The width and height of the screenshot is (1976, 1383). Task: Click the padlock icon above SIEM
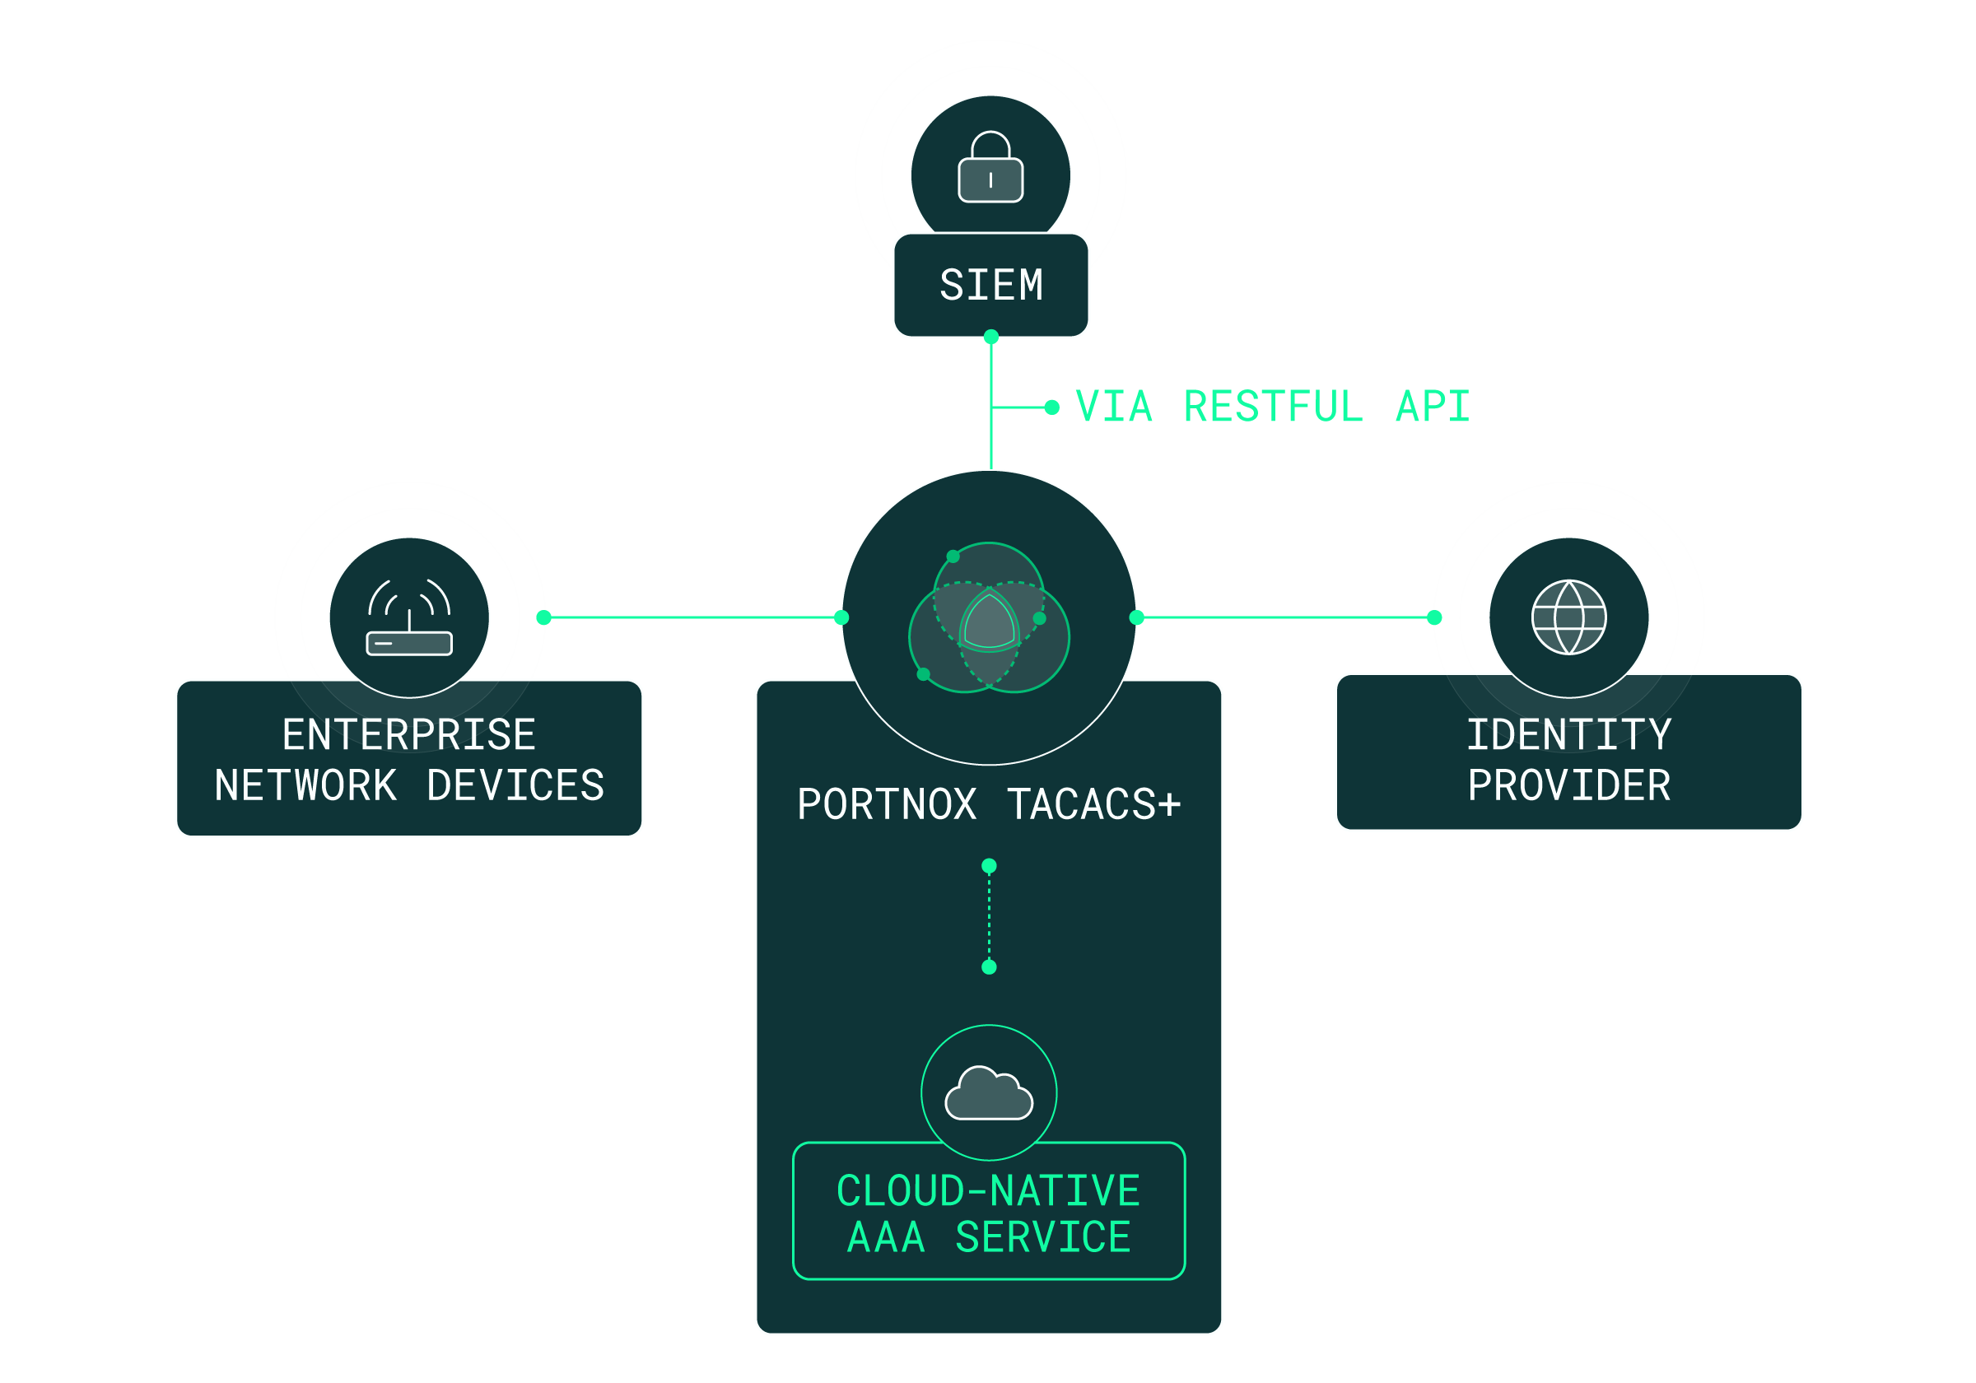pyautogui.click(x=990, y=168)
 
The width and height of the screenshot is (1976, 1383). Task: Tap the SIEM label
pyautogui.click(x=990, y=286)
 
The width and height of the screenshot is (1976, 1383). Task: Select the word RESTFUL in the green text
pyautogui.click(x=1273, y=407)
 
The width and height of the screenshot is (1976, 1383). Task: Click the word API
pyautogui.click(x=1432, y=407)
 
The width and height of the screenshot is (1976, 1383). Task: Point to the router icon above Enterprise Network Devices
pyautogui.click(x=409, y=618)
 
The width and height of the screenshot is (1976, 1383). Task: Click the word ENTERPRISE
pyautogui.click(x=409, y=735)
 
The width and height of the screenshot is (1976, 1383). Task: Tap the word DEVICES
pyautogui.click(x=515, y=785)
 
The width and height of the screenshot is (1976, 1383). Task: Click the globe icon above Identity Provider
pyautogui.click(x=1568, y=618)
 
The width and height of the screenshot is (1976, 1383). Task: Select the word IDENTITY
pyautogui.click(x=1568, y=735)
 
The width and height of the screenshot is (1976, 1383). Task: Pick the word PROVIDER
pyautogui.click(x=1568, y=785)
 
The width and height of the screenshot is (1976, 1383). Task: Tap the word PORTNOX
pyautogui.click(x=887, y=804)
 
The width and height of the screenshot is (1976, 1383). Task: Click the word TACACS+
pyautogui.click(x=1093, y=804)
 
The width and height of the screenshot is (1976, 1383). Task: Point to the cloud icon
pyautogui.click(x=989, y=1094)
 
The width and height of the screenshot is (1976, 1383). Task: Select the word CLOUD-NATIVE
pyautogui.click(x=988, y=1191)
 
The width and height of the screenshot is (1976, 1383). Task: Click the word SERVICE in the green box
pyautogui.click(x=1043, y=1237)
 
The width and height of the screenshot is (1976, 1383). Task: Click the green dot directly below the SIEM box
pyautogui.click(x=991, y=337)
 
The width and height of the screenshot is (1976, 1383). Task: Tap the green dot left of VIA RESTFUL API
pyautogui.click(x=1051, y=407)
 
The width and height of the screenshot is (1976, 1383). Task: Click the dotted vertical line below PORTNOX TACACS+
pyautogui.click(x=989, y=915)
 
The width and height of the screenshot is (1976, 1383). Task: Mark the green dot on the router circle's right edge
pyautogui.click(x=543, y=617)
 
